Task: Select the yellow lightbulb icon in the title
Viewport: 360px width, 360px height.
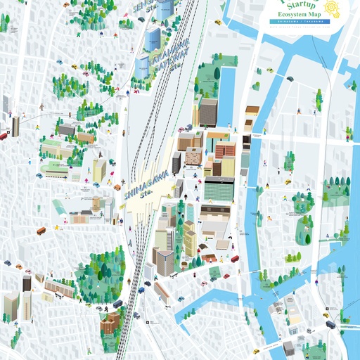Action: pos(333,10)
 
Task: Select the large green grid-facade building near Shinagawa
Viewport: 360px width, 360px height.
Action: pos(218,188)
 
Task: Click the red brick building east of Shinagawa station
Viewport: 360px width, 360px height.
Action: pos(225,149)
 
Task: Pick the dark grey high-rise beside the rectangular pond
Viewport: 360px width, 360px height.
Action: pos(208,112)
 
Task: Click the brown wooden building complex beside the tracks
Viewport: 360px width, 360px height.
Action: pos(110,324)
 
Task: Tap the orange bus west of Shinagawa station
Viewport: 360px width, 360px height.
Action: pos(41,230)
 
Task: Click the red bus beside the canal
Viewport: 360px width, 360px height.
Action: pos(236,259)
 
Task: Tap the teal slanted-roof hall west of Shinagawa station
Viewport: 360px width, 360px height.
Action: pos(58,207)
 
